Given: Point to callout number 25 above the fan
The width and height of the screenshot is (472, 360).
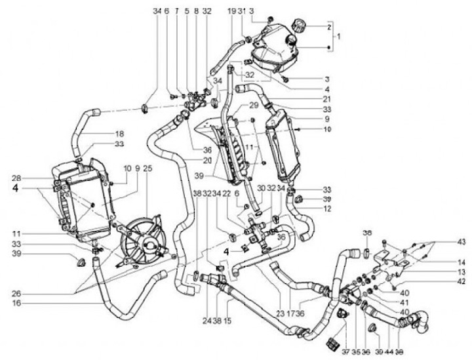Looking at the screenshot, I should click(x=147, y=169).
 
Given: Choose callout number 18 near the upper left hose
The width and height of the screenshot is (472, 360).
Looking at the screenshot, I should click(x=119, y=133).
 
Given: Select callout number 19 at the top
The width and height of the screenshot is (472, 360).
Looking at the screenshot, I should click(x=231, y=12).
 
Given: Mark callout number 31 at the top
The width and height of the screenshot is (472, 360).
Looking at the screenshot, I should click(x=241, y=12).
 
